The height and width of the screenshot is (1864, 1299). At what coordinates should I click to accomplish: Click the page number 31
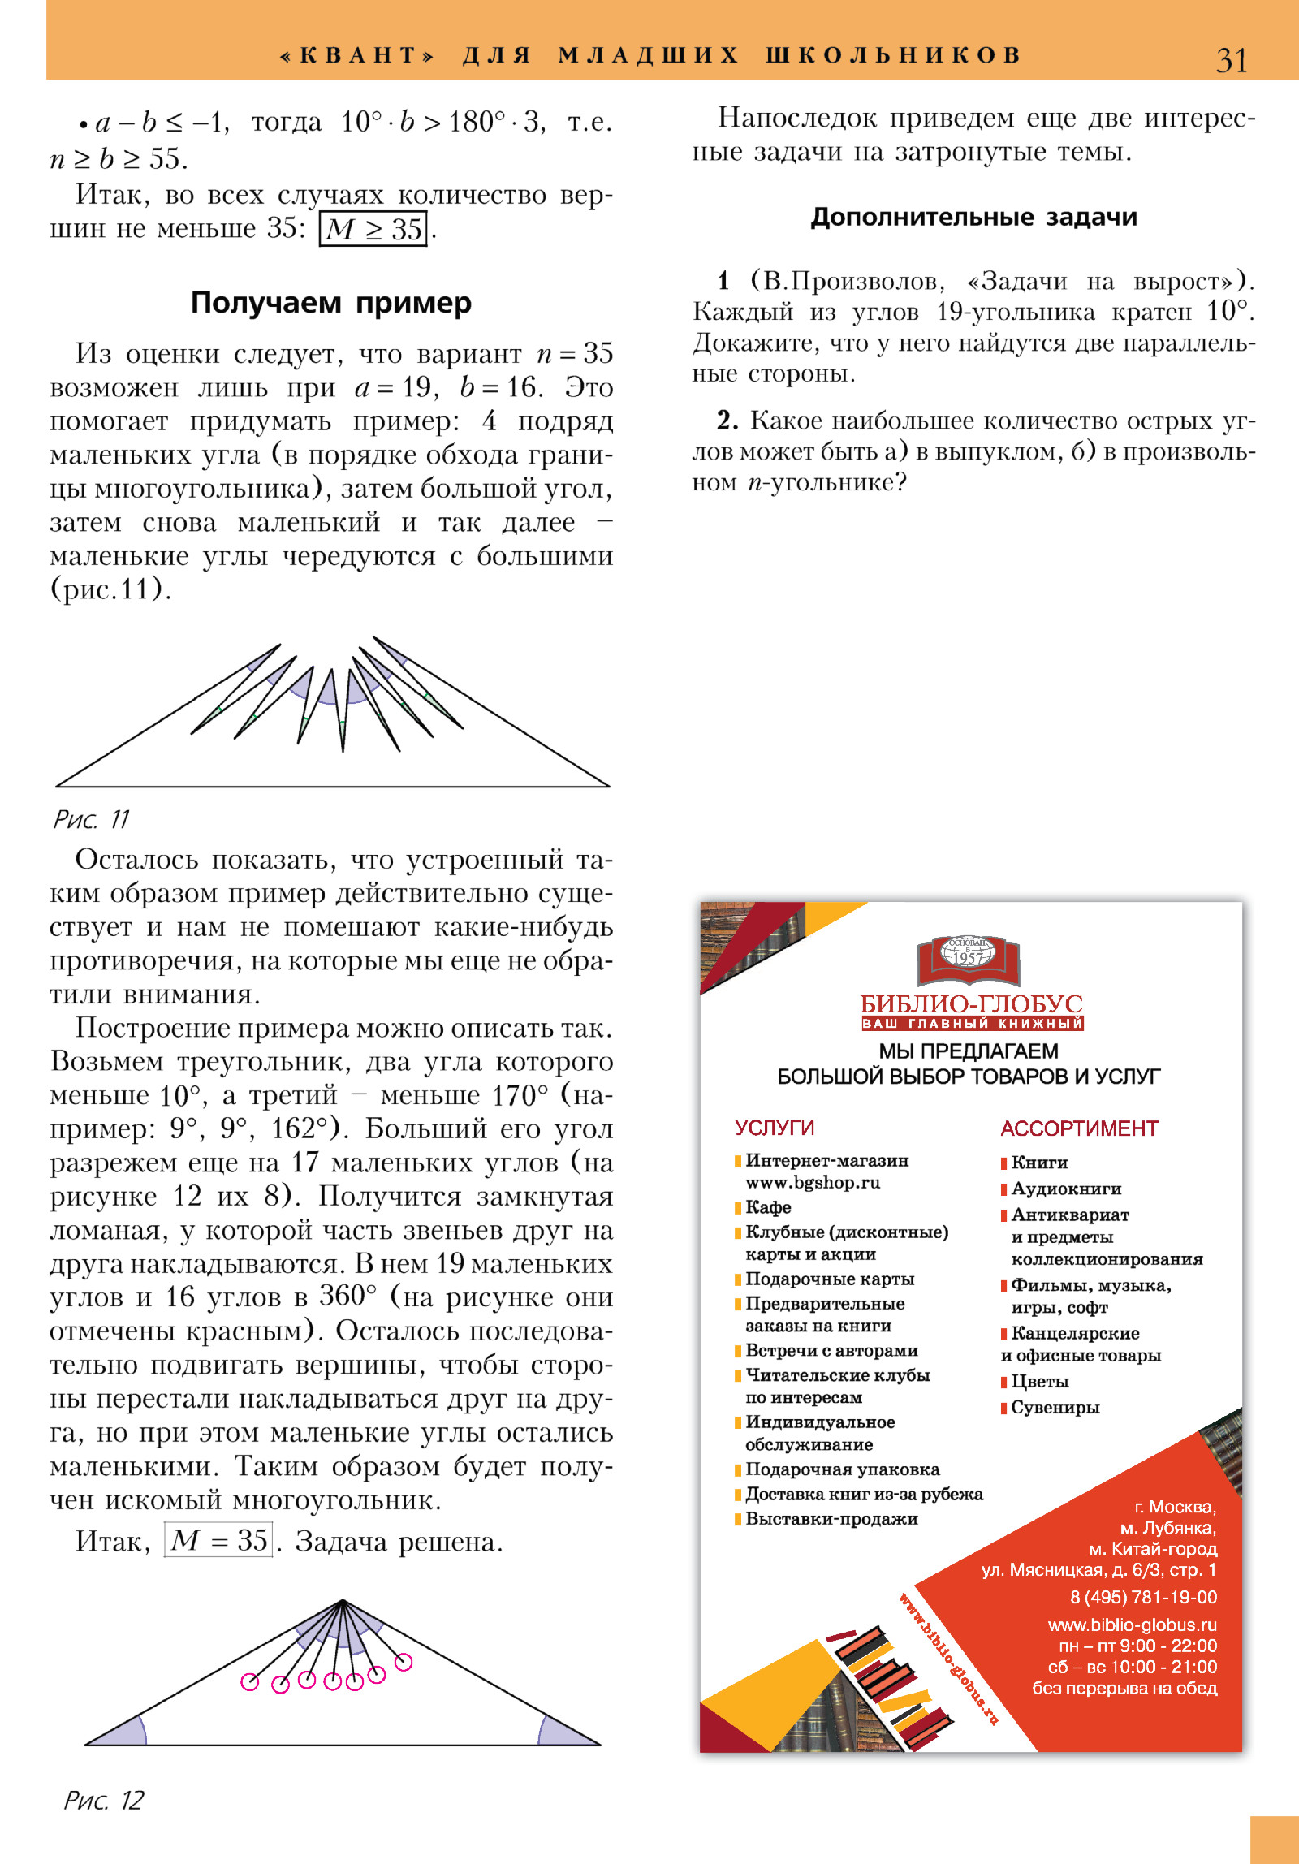click(1231, 61)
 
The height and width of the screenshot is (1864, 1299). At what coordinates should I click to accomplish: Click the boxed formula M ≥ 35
click(373, 229)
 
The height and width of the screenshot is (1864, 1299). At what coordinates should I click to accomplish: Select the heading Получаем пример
click(330, 303)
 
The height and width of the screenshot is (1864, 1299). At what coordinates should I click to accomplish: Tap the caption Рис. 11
click(91, 819)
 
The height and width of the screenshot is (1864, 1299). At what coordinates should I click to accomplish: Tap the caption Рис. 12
click(104, 1800)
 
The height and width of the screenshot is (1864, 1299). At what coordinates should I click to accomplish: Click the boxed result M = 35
click(218, 1540)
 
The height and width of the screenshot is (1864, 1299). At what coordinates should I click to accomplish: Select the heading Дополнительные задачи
click(973, 217)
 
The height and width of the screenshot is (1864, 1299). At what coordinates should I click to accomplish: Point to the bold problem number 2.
click(727, 421)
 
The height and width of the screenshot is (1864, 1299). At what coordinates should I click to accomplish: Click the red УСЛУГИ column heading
click(774, 1128)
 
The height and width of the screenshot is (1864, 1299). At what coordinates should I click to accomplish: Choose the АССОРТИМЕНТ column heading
click(1078, 1128)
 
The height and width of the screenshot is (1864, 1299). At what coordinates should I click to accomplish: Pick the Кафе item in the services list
click(768, 1207)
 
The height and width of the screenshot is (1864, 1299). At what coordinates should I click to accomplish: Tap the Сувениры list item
click(1055, 1408)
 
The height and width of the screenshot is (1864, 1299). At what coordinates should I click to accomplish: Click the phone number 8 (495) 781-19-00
click(1143, 1597)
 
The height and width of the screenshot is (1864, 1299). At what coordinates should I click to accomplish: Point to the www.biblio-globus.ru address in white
click(1132, 1625)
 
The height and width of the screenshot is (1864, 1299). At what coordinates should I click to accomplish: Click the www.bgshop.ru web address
click(813, 1183)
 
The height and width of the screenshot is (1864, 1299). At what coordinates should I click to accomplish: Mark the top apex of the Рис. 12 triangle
click(343, 1600)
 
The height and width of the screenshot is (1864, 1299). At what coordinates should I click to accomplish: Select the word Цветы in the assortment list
click(1039, 1382)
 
